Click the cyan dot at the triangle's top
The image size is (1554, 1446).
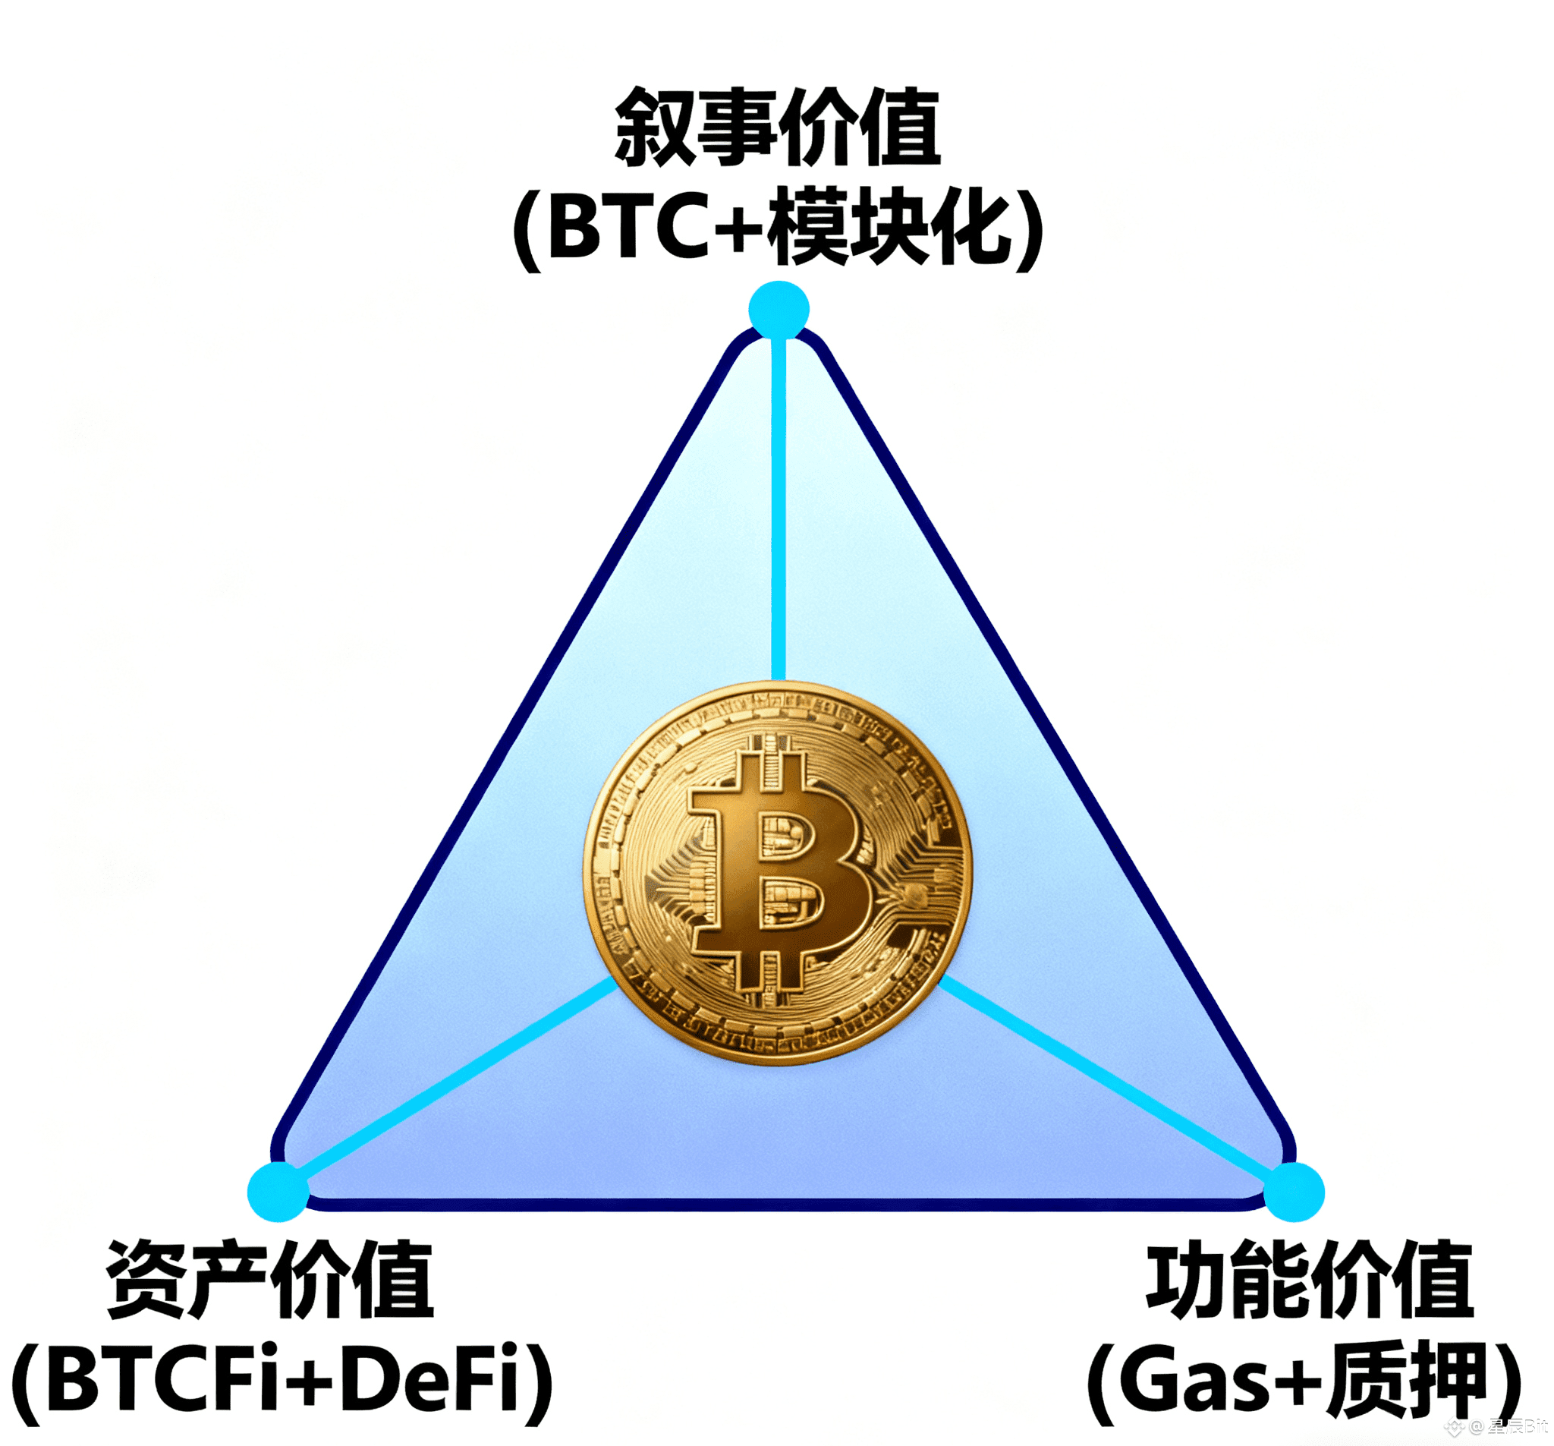[x=779, y=310]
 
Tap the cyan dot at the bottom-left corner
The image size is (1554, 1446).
[x=278, y=1192]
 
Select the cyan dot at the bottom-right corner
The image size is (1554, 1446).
[x=1294, y=1192]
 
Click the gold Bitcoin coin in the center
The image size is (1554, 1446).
[x=779, y=873]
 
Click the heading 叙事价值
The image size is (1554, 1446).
[x=779, y=128]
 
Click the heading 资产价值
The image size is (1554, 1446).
[x=270, y=1281]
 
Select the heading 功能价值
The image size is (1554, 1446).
[x=1310, y=1281]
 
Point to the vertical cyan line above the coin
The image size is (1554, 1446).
[x=779, y=509]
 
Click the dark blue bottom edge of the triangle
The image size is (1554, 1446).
[x=782, y=1205]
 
